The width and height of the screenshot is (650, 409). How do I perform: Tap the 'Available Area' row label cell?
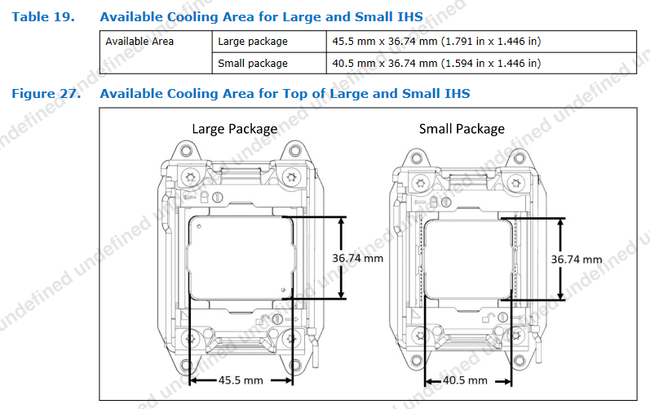click(139, 42)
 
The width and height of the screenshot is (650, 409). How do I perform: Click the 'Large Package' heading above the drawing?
click(234, 128)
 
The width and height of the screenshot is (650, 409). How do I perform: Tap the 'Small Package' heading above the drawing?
click(462, 128)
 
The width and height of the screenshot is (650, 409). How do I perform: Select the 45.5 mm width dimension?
click(241, 380)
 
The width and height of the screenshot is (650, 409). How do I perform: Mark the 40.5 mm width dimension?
click(466, 380)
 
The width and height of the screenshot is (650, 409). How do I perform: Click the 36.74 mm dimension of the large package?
click(357, 258)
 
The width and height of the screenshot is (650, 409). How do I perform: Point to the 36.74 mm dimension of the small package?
click(576, 259)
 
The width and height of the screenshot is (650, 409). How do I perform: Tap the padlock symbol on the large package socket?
click(218, 198)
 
